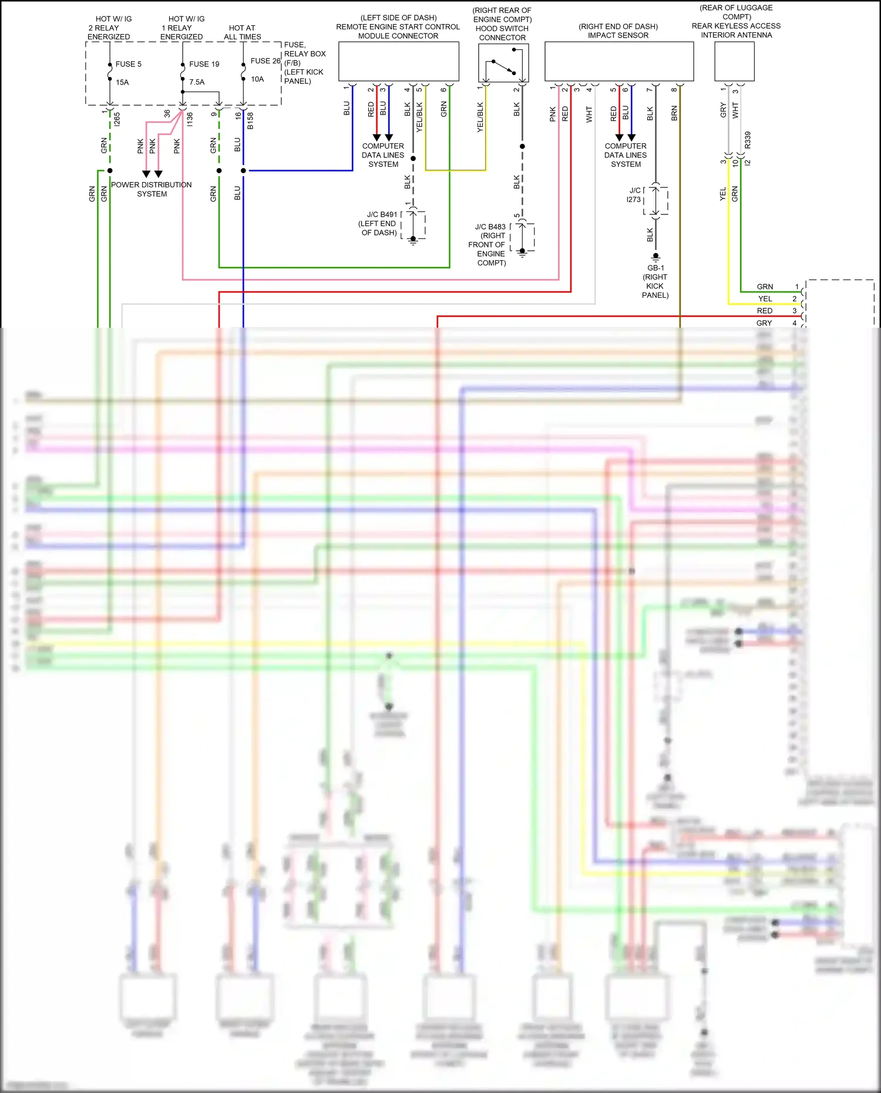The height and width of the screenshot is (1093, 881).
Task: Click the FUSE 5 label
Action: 128,64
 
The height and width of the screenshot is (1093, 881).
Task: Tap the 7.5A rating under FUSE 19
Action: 197,82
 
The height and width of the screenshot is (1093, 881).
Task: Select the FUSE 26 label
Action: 265,60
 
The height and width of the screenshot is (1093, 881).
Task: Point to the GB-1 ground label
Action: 655,268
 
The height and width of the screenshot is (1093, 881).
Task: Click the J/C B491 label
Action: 382,214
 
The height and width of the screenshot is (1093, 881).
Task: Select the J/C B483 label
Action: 490,227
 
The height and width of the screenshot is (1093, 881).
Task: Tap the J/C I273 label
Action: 634,195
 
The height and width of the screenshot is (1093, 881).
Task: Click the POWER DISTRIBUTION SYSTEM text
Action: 152,189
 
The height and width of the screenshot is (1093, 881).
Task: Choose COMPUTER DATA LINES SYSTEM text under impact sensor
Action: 626,155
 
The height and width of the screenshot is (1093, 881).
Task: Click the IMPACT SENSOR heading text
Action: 618,35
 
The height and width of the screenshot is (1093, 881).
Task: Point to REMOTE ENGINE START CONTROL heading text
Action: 398,27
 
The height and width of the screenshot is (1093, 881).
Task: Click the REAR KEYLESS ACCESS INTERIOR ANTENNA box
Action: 734,61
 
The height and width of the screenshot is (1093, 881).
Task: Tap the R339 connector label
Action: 748,140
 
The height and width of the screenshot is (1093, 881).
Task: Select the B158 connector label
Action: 250,120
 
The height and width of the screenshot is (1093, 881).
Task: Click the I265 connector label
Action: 117,119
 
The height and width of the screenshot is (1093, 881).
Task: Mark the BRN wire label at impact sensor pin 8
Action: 674,113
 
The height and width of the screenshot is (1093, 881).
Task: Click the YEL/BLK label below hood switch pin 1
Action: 480,117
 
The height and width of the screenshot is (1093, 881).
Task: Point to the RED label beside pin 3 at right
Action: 764,311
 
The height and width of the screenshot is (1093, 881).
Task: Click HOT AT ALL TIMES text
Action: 242,32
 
